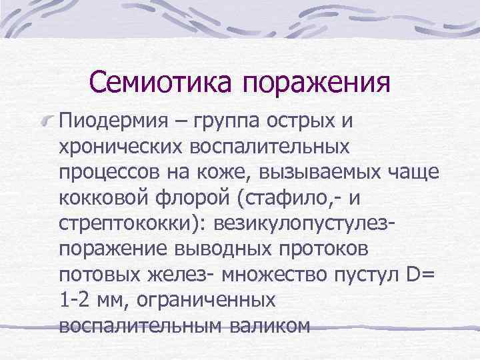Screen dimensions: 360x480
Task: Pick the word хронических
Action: pyautogui.click(x=129, y=148)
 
